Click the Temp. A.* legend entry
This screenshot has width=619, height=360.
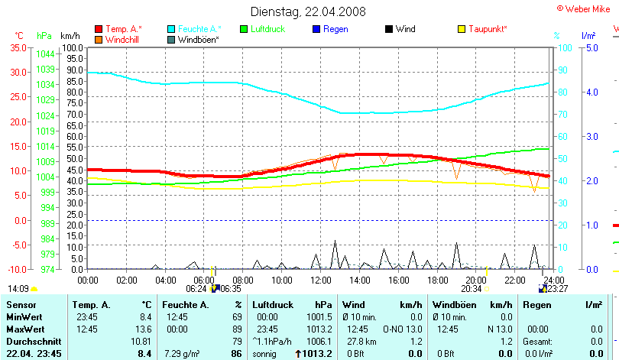[123, 29]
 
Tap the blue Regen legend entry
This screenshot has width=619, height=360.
[335, 29]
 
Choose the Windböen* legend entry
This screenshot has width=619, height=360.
[197, 39]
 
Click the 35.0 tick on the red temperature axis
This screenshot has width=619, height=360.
[18, 47]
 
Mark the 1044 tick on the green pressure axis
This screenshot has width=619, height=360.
[45, 54]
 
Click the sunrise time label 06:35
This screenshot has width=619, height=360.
[232, 289]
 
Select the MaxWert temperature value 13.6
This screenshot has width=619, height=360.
[144, 329]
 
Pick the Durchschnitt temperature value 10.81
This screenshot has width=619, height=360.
[141, 341]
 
